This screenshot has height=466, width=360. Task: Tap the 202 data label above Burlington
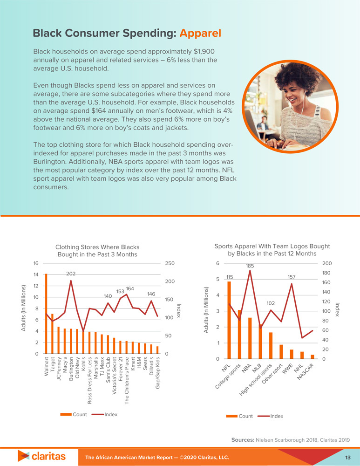(71, 274)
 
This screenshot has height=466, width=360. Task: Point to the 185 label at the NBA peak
(250, 266)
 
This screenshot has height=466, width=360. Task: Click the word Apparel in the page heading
(200, 34)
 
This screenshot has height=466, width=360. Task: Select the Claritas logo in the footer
(42, 456)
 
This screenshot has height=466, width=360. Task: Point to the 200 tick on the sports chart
(339, 263)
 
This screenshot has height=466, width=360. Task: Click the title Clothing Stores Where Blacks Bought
(97, 251)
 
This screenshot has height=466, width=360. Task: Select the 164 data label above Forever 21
(130, 289)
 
